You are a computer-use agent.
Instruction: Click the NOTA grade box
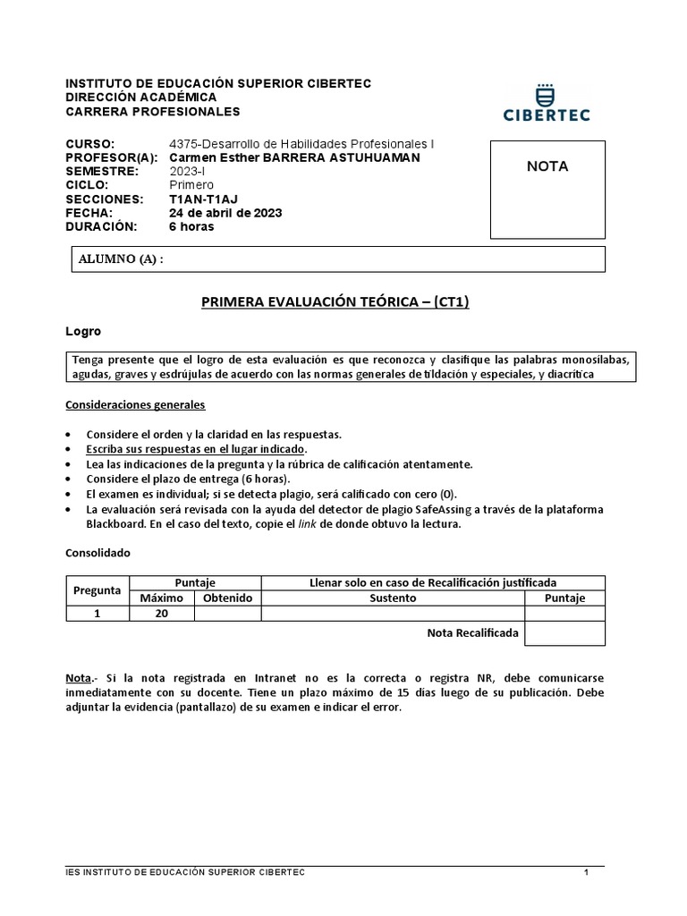547,189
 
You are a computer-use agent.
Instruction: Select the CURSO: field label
90,144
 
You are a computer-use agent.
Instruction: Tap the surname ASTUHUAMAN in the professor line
367,157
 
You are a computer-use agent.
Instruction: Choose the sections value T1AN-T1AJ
203,199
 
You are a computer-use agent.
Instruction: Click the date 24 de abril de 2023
225,212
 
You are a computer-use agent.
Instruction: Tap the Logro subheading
83,331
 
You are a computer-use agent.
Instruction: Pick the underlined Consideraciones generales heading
135,404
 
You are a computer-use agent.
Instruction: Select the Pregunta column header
97,590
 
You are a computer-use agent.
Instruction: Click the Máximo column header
162,598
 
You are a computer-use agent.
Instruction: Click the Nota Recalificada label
472,632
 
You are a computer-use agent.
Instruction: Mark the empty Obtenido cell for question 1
228,613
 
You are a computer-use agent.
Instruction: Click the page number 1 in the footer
586,872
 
